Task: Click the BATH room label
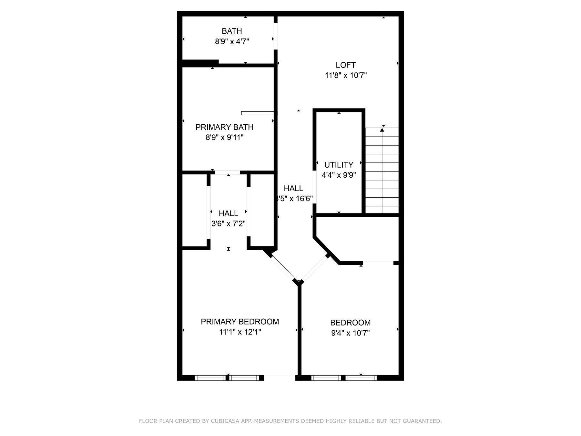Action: (x=232, y=31)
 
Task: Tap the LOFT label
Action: (x=345, y=65)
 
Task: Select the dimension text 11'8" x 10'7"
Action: (x=346, y=76)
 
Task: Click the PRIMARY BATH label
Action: (x=224, y=127)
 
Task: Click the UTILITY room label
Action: (x=339, y=165)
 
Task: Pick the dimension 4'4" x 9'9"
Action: (x=339, y=175)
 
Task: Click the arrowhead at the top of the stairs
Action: (x=382, y=130)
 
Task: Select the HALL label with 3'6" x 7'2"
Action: (x=229, y=213)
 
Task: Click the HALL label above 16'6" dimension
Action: (x=293, y=188)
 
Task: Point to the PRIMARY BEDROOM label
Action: (x=240, y=322)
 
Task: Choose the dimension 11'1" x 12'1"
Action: (x=240, y=332)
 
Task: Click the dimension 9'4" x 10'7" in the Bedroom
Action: (x=350, y=333)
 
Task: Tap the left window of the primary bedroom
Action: (x=210, y=378)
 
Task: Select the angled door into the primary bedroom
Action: (x=283, y=267)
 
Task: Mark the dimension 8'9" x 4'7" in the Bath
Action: (x=232, y=42)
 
